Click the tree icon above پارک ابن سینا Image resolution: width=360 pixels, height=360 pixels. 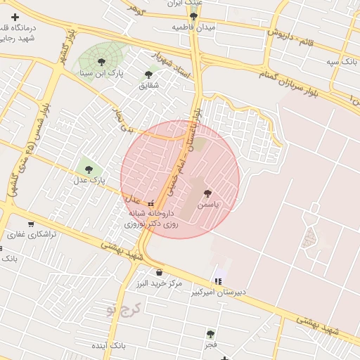click(x=103, y=62)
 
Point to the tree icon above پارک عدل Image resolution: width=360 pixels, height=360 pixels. click(x=89, y=169)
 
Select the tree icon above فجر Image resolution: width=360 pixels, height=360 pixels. click(x=210, y=334)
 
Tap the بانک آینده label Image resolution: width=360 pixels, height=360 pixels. click(x=128, y=347)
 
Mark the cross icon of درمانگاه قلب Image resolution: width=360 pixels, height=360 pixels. click(x=15, y=16)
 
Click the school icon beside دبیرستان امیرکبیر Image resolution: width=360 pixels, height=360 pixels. click(x=218, y=283)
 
